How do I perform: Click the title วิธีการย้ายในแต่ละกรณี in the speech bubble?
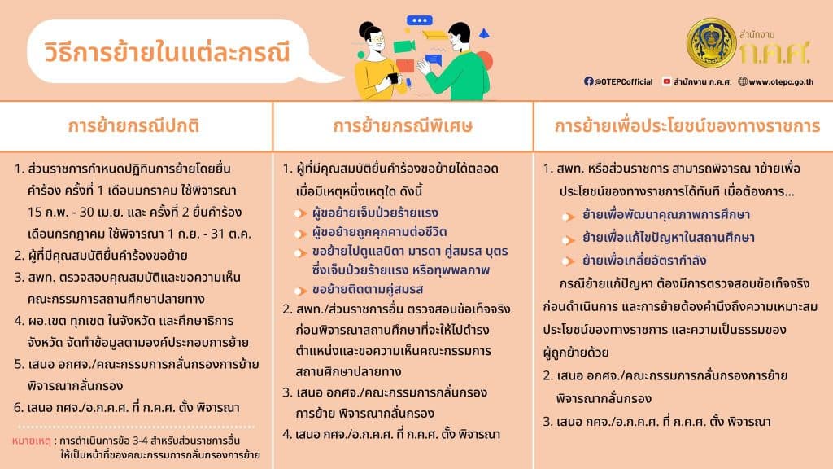(167, 52)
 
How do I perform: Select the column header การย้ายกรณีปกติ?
(134, 126)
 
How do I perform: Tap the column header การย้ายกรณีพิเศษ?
(403, 126)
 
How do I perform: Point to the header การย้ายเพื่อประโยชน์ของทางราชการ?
(687, 126)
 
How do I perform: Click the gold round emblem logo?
(711, 42)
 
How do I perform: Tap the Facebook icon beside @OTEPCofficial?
(589, 81)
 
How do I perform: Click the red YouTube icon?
(667, 81)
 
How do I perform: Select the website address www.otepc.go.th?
(781, 82)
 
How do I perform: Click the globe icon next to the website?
(743, 81)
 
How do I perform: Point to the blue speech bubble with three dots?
(419, 20)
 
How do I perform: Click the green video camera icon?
(404, 46)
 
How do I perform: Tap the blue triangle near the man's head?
(484, 33)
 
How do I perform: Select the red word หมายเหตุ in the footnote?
(32, 441)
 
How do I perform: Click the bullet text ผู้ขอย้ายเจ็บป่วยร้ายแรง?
(375, 213)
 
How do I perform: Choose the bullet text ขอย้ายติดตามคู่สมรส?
(368, 289)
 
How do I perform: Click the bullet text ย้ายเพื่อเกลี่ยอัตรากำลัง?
(644, 261)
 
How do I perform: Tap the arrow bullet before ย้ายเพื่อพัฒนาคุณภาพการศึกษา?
(569, 217)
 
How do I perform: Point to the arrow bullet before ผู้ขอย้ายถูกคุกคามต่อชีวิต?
(301, 234)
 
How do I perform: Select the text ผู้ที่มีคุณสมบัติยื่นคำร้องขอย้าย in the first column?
(107, 256)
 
